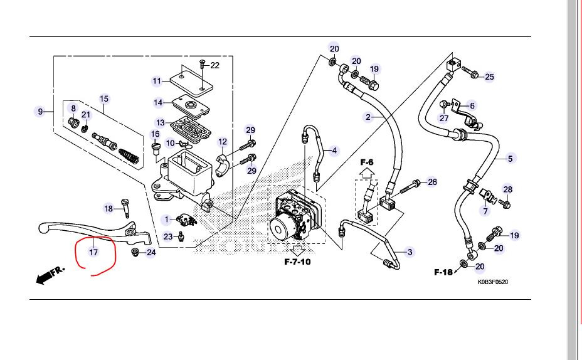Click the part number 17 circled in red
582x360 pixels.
click(93, 253)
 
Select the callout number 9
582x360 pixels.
click(40, 112)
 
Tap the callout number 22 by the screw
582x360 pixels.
click(214, 65)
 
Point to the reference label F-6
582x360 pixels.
click(367, 163)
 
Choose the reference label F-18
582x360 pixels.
click(443, 272)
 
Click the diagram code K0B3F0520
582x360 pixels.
click(492, 282)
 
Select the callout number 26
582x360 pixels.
click(431, 183)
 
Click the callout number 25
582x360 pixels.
click(489, 77)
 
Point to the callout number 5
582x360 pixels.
click(510, 159)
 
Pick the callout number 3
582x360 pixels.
click(410, 253)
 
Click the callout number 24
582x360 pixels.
click(151, 253)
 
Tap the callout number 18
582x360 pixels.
click(108, 209)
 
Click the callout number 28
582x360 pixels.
click(507, 189)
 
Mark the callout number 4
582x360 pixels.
click(334, 151)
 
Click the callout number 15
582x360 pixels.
click(104, 99)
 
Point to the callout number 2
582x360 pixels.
click(369, 117)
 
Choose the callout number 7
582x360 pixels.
click(485, 211)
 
